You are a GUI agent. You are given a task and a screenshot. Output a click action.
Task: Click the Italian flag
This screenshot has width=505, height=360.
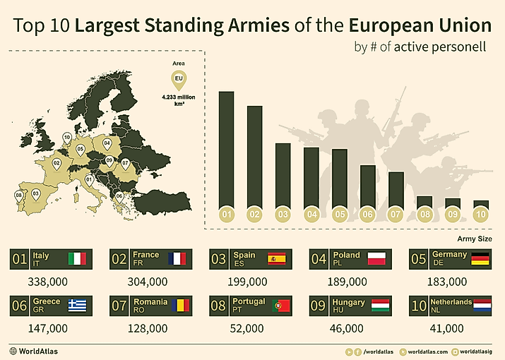coord(77,259)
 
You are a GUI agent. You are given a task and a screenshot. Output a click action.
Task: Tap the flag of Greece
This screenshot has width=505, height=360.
coord(77,306)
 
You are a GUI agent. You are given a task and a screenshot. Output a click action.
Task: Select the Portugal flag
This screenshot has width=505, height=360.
coord(280,306)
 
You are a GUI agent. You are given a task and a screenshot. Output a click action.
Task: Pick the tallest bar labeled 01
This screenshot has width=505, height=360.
coord(226,148)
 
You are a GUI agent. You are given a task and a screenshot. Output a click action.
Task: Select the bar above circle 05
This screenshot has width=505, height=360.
coord(339,176)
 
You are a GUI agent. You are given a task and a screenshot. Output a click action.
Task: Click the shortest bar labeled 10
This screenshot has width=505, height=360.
coord(481,203)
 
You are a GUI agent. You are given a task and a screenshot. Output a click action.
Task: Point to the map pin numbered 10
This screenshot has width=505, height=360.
coord(66,137)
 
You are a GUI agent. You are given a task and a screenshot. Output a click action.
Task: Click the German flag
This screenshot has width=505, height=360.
coord(480,259)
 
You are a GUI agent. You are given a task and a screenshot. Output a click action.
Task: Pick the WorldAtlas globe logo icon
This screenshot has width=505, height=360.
coord(13,351)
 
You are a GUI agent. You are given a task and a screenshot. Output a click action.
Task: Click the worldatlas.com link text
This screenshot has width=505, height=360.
coord(427,351)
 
